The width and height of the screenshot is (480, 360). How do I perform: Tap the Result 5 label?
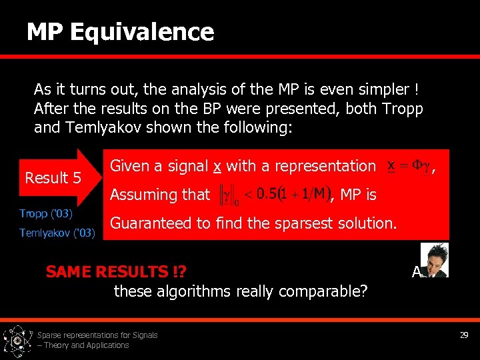click(x=53, y=178)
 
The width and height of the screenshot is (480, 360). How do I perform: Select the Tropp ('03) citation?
click(x=46, y=214)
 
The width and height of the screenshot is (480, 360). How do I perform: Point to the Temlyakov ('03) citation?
click(x=57, y=233)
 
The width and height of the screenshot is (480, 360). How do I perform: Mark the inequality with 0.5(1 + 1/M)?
click(x=273, y=195)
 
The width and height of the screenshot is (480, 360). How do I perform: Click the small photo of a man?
click(x=435, y=259)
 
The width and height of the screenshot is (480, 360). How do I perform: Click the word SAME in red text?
click(x=69, y=271)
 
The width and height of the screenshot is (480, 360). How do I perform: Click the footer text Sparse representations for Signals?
click(x=97, y=335)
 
